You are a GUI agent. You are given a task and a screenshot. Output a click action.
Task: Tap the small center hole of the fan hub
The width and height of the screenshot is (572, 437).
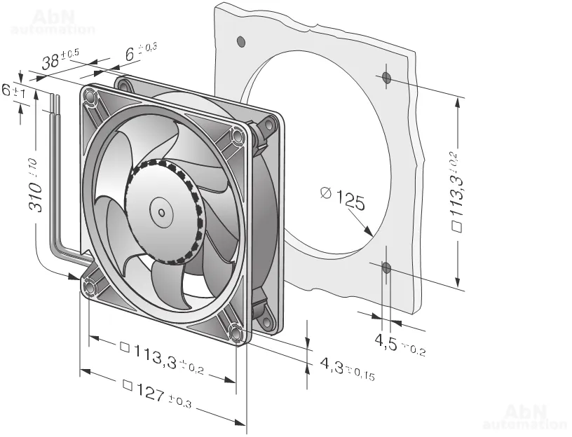[x=161, y=212]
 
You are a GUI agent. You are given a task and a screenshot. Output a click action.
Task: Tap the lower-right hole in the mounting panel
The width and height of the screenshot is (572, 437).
[x=386, y=268]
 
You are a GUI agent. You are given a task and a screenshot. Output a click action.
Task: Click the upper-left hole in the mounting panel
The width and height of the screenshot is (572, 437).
[x=240, y=42]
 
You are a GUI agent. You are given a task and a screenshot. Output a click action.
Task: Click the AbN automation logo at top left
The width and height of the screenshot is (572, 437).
[x=53, y=22]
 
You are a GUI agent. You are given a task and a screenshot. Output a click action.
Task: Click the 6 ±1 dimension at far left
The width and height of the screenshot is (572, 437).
[x=13, y=90]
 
